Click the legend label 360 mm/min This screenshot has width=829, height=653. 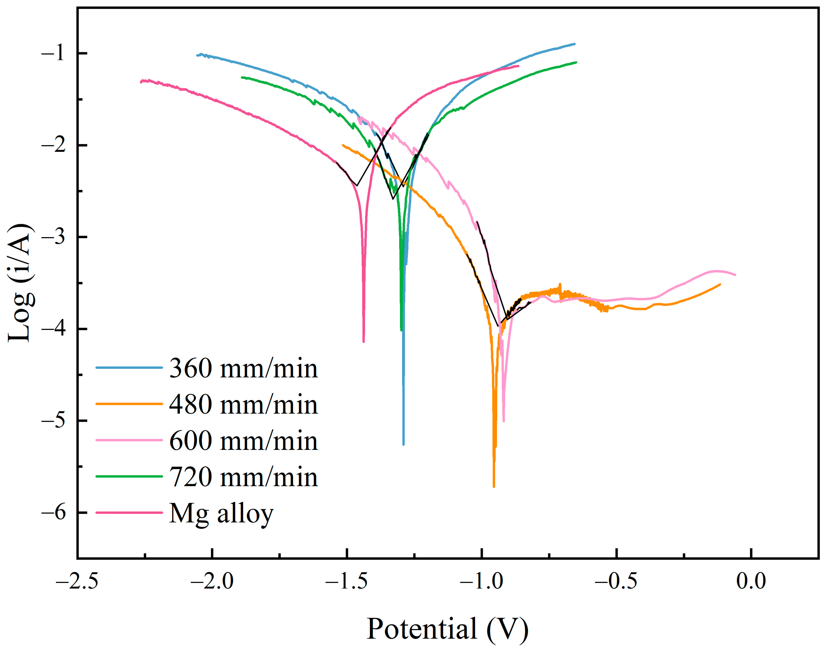click(x=243, y=369)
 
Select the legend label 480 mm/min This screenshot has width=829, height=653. click(x=243, y=405)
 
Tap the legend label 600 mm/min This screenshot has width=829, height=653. click(x=243, y=441)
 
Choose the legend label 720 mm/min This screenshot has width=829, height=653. click(x=243, y=477)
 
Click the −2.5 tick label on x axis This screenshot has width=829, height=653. click(x=77, y=582)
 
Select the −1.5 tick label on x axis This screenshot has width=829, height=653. click(x=347, y=582)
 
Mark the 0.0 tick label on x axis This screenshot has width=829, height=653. click(x=751, y=582)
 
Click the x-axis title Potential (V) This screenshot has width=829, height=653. click(x=448, y=629)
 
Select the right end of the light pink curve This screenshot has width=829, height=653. click(x=735, y=275)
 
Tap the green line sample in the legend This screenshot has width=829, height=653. click(x=129, y=476)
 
